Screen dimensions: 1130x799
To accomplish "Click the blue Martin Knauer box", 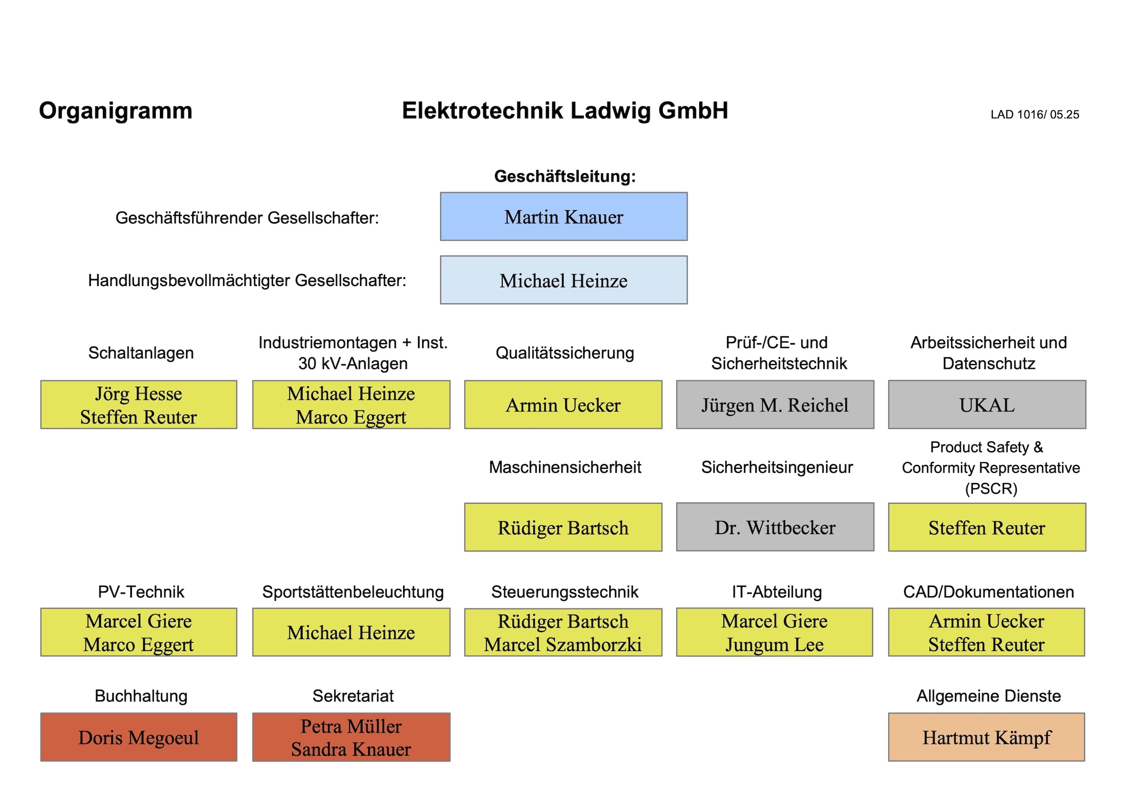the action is (564, 217).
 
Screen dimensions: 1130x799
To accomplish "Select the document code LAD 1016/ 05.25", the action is (1035, 115).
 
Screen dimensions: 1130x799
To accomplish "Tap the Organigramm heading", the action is (116, 111).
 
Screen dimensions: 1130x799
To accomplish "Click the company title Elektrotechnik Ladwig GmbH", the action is (565, 111).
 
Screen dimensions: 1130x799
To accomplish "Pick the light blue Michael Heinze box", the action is (564, 280).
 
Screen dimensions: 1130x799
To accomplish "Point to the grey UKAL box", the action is (987, 405).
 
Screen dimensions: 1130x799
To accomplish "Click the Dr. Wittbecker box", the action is (775, 527).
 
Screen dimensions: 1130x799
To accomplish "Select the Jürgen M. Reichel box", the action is (775, 405).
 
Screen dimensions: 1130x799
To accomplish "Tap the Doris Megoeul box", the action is (139, 737).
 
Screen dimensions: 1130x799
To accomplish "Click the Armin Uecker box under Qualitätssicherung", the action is (563, 405).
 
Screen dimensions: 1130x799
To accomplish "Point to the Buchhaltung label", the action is (141, 696).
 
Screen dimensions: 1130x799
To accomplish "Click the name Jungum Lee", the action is (774, 645).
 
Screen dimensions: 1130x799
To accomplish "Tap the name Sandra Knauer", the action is (351, 749).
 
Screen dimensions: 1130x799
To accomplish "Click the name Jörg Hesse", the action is (139, 394).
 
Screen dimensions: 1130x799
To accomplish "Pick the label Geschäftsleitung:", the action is (565, 176).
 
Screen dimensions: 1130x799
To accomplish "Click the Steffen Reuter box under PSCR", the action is (987, 527).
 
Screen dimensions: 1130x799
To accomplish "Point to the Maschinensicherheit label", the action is (565, 467).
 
